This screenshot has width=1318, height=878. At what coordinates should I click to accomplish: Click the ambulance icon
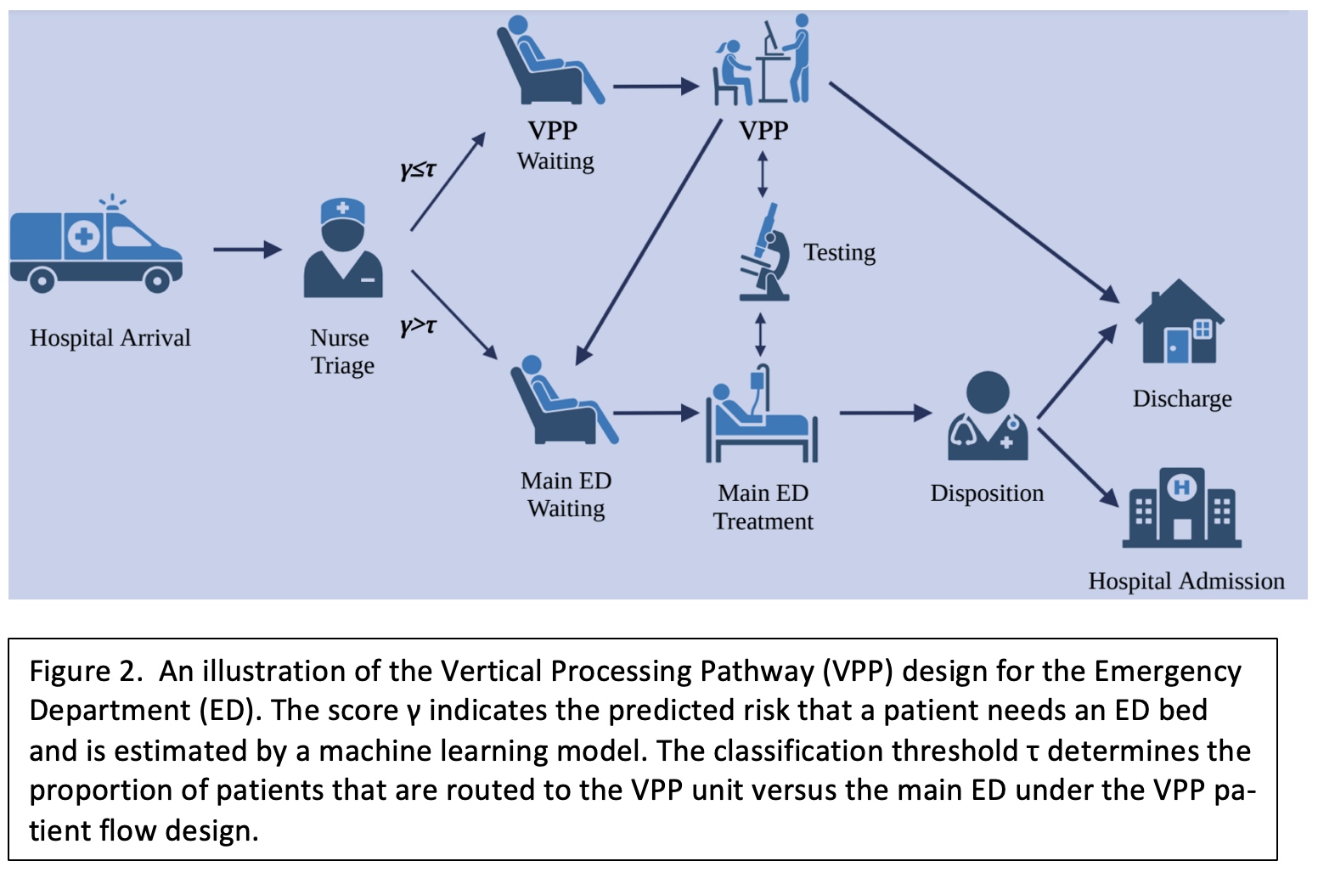[96, 246]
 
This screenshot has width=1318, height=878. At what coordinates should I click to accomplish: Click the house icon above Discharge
[1180, 323]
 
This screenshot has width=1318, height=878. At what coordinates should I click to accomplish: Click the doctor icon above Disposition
[988, 416]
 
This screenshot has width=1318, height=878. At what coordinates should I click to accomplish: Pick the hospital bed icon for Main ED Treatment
[761, 416]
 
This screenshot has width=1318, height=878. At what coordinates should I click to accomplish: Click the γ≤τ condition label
[418, 169]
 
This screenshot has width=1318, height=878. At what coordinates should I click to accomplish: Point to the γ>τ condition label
[418, 325]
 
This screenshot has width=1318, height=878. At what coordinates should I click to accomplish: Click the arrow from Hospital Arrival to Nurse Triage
[246, 250]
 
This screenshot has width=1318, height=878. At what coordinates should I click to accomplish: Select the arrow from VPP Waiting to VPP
[655, 86]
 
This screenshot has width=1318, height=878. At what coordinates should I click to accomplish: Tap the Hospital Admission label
[1186, 581]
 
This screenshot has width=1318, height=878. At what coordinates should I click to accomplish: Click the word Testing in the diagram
[839, 252]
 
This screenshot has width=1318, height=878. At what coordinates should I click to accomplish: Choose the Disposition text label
[987, 493]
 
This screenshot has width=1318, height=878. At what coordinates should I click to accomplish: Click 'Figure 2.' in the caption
[85, 671]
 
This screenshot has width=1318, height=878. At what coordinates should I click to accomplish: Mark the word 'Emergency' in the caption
[1167, 671]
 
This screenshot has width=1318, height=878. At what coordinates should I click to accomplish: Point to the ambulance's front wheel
[157, 279]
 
